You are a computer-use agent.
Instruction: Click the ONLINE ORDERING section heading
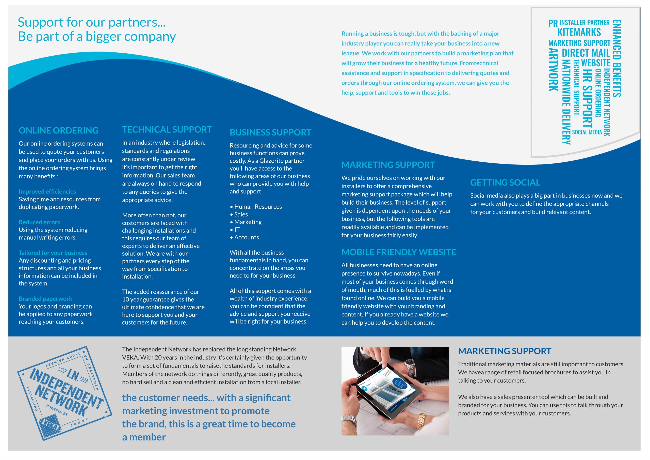(58, 130)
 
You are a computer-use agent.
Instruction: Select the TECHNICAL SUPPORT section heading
(167, 130)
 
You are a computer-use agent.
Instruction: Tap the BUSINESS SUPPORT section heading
(270, 132)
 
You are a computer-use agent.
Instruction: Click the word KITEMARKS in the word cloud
(579, 32)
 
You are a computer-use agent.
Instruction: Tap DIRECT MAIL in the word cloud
(586, 53)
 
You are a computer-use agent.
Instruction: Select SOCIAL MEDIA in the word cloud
(587, 132)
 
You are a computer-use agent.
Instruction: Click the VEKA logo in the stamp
(50, 425)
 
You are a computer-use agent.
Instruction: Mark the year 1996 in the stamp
(84, 379)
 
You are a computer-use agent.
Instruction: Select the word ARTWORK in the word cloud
(553, 70)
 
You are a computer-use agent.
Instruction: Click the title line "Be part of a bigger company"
(96, 36)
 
